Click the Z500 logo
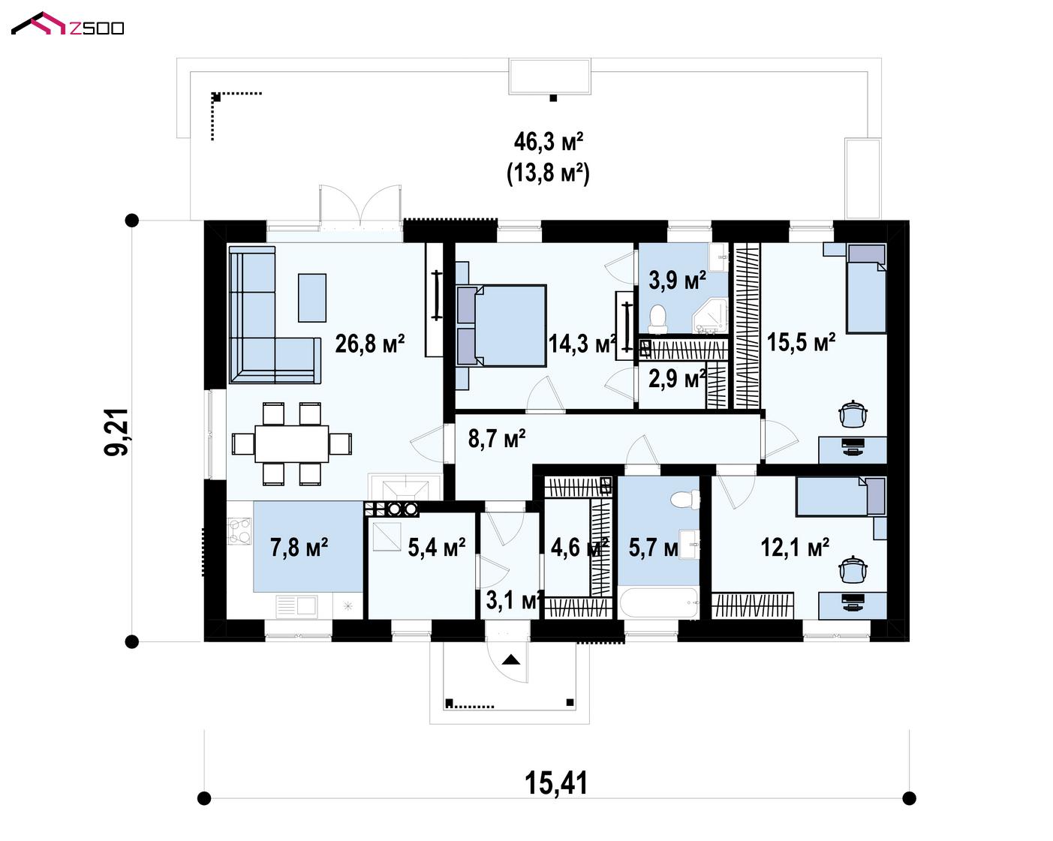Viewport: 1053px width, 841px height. (68, 25)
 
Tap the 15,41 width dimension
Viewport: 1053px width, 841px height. (556, 783)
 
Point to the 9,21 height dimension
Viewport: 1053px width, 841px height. (116, 432)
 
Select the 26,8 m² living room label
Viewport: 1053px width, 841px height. (370, 344)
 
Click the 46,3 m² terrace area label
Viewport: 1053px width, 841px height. (549, 143)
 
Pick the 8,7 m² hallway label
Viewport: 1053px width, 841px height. (497, 438)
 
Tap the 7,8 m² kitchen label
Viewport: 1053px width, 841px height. (299, 547)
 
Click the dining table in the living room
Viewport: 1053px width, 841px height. (292, 443)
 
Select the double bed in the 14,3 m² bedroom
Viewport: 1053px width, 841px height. (501, 326)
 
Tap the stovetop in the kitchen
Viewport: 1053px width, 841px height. (239, 531)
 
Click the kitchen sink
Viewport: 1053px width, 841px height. (296, 606)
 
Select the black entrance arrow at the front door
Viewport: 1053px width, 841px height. (511, 659)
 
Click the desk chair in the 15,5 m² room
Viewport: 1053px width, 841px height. (853, 414)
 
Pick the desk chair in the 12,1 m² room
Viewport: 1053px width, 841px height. (853, 569)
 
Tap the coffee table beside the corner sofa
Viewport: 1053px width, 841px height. (312, 297)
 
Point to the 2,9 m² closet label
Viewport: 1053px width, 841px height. (677, 379)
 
